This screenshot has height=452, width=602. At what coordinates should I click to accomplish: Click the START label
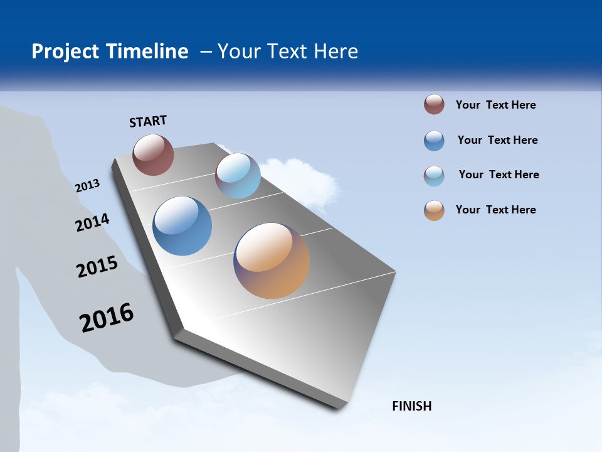tap(148, 121)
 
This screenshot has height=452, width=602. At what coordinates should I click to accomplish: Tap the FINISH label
tap(411, 406)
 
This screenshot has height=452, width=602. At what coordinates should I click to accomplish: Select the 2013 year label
tap(87, 186)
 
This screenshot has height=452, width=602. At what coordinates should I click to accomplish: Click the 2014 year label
tap(92, 223)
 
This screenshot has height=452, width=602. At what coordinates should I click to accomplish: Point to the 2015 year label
tap(97, 267)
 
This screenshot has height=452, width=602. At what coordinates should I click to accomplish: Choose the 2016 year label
tap(107, 318)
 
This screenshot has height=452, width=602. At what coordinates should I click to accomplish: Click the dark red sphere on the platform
tap(153, 155)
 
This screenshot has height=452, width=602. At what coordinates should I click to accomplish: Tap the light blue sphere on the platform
tap(238, 176)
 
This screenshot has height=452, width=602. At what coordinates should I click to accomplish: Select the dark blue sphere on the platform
tap(182, 226)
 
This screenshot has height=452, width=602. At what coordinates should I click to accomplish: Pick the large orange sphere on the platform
tap(272, 261)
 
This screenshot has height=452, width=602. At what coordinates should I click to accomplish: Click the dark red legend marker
tap(434, 105)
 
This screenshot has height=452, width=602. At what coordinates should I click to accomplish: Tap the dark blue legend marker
tap(434, 141)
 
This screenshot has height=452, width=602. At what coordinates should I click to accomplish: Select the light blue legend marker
tap(434, 176)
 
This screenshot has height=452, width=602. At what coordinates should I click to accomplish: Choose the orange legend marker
tap(434, 210)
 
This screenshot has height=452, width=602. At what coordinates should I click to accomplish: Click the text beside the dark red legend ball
tap(495, 105)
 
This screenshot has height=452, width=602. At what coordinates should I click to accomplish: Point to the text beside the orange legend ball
tap(495, 210)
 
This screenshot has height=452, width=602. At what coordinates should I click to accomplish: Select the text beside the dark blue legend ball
tap(497, 140)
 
